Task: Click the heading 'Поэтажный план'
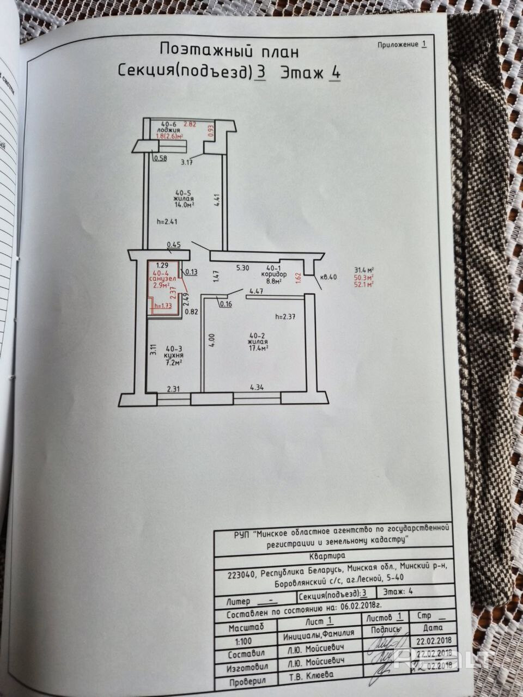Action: pos(229,50)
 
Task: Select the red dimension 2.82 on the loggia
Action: pos(190,124)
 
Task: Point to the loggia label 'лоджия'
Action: pos(165,131)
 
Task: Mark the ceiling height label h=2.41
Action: pos(167,222)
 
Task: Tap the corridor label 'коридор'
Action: pos(274,275)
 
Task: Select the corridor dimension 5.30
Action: pos(242,267)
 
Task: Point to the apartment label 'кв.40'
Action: pos(329,277)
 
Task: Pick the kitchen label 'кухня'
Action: pos(175,355)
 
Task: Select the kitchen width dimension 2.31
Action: pos(173,388)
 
